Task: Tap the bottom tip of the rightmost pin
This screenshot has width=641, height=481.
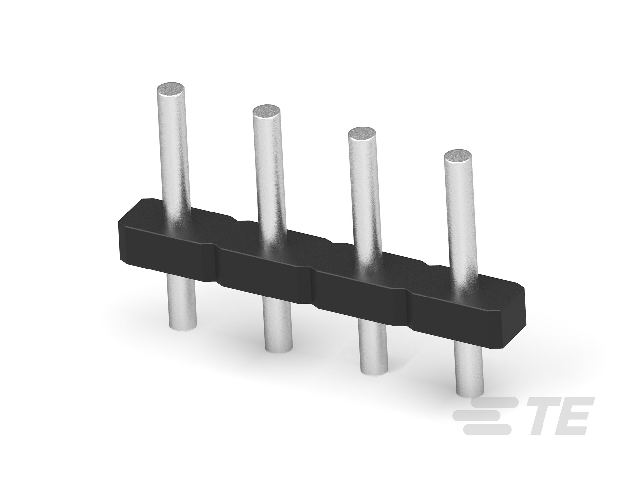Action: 470,392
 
